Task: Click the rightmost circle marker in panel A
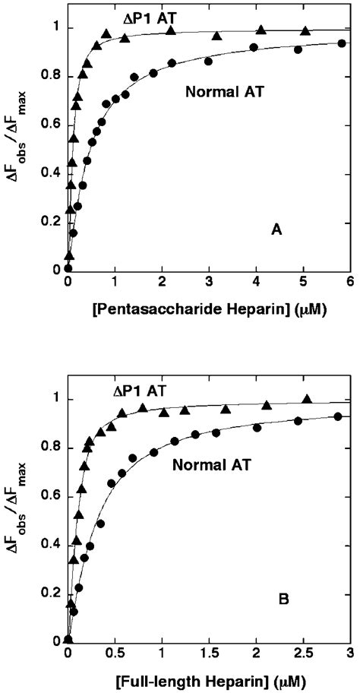pos(342,43)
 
